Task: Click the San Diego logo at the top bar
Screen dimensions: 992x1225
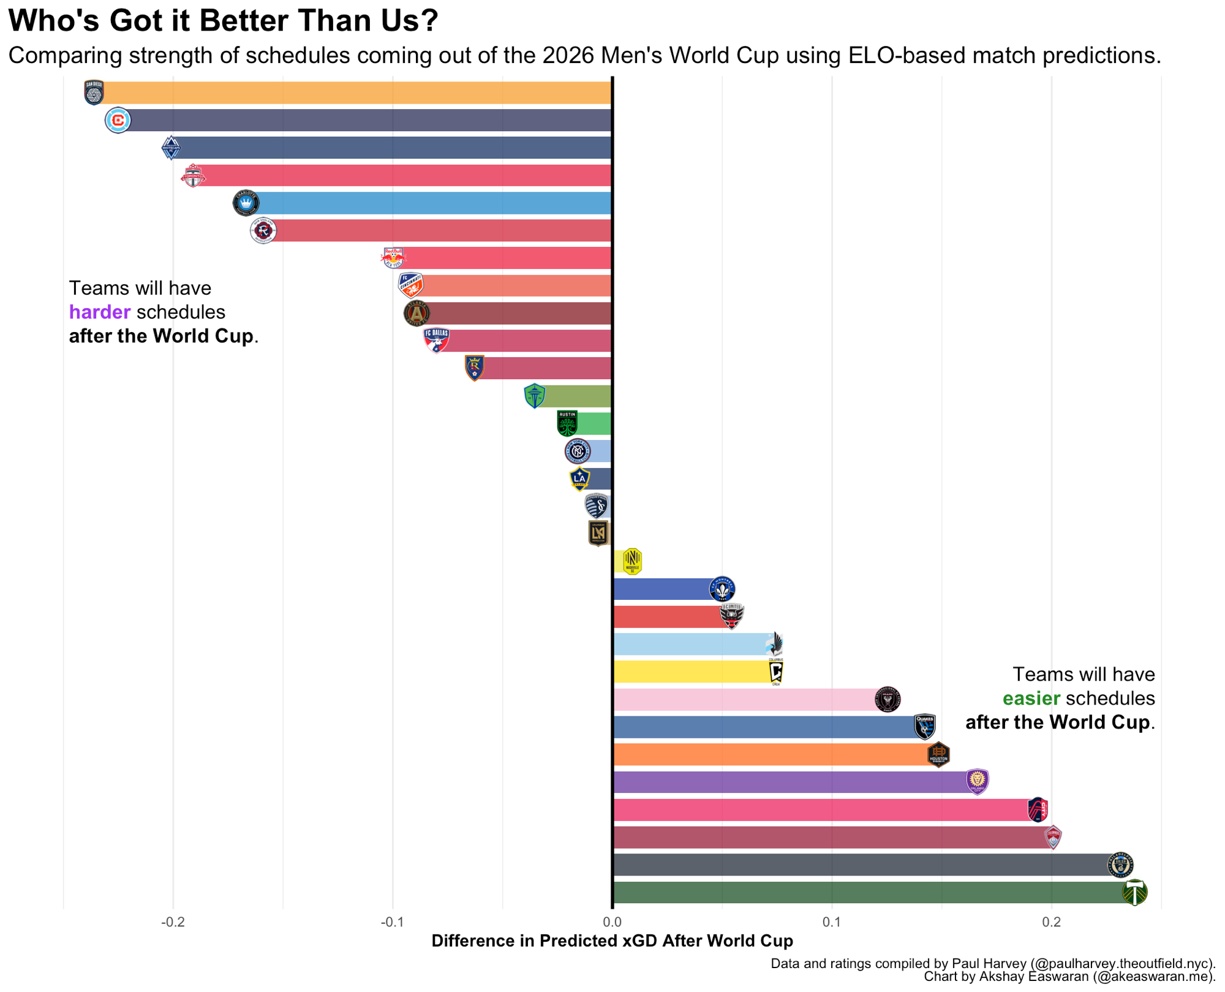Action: click(x=94, y=93)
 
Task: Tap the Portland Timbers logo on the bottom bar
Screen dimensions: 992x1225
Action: click(x=1134, y=892)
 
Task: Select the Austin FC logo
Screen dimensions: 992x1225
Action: click(x=567, y=423)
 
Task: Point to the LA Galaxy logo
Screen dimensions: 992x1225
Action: click(x=579, y=479)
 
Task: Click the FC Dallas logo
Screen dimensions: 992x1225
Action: click(x=436, y=340)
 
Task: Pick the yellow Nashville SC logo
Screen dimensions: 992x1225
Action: click(x=632, y=561)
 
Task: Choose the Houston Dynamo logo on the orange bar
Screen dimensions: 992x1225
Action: click(x=938, y=754)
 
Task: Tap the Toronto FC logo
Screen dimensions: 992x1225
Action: click(x=193, y=176)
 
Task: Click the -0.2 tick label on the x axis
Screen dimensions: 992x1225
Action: click(x=173, y=922)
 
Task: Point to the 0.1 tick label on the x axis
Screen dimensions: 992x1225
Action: click(x=831, y=922)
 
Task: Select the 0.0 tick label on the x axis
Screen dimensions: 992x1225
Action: click(x=612, y=922)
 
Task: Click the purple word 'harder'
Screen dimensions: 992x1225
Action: click(x=99, y=312)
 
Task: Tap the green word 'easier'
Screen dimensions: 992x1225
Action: click(x=1031, y=699)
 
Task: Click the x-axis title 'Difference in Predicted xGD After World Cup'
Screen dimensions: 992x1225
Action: click(x=612, y=941)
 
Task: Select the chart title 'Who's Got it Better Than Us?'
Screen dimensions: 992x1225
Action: click(x=223, y=21)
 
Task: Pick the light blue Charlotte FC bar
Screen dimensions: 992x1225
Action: click(x=429, y=203)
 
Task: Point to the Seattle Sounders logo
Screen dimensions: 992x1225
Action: click(x=535, y=396)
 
